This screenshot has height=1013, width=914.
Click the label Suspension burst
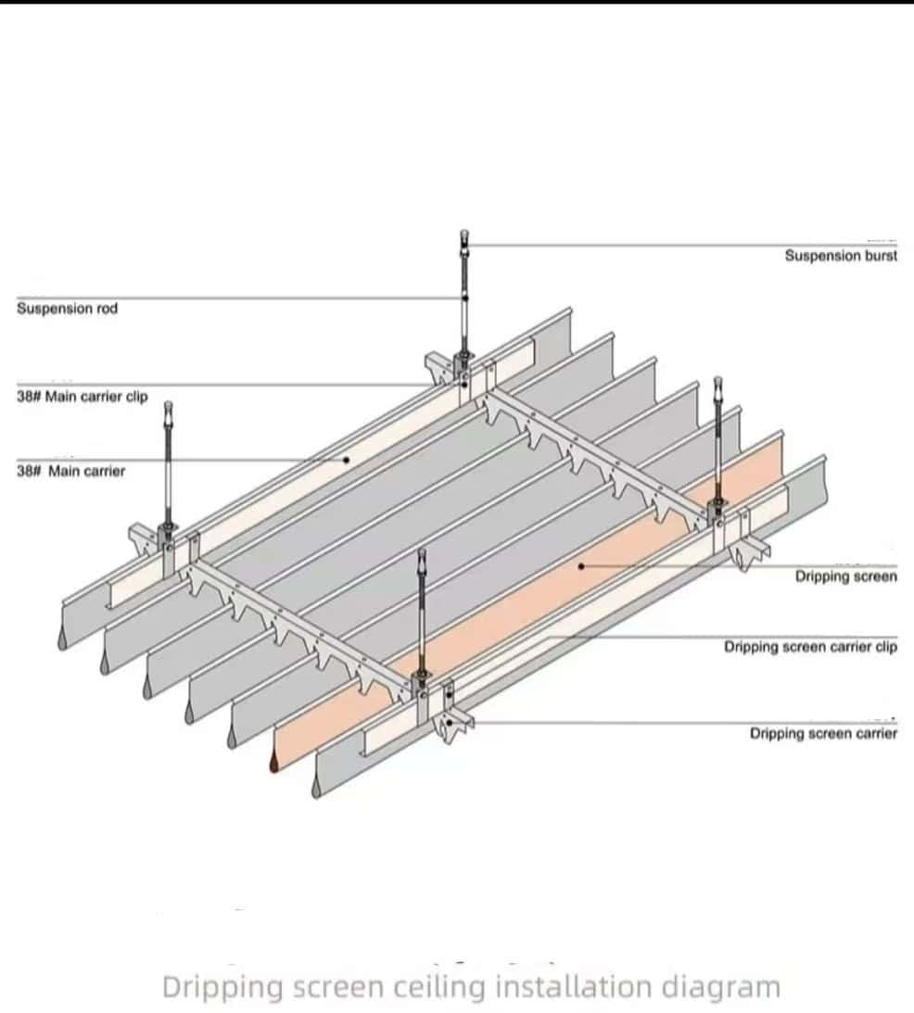(x=841, y=256)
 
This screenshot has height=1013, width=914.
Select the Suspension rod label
(x=67, y=309)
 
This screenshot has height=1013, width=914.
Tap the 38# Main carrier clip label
(x=82, y=397)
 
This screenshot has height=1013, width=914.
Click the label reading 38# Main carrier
(x=70, y=471)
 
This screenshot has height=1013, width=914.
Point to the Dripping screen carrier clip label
(x=810, y=647)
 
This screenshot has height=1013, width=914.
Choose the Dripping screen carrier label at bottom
(x=823, y=734)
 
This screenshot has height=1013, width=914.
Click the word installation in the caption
(x=572, y=987)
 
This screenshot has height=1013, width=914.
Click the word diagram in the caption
(x=720, y=987)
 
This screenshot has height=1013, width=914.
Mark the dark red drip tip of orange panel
(x=274, y=764)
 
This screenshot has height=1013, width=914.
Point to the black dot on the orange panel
(x=581, y=564)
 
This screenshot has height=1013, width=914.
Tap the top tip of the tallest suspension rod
(x=463, y=234)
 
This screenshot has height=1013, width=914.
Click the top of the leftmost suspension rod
(x=168, y=406)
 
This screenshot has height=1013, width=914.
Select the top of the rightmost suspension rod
(x=717, y=381)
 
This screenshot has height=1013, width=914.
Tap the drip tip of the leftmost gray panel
(x=60, y=641)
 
